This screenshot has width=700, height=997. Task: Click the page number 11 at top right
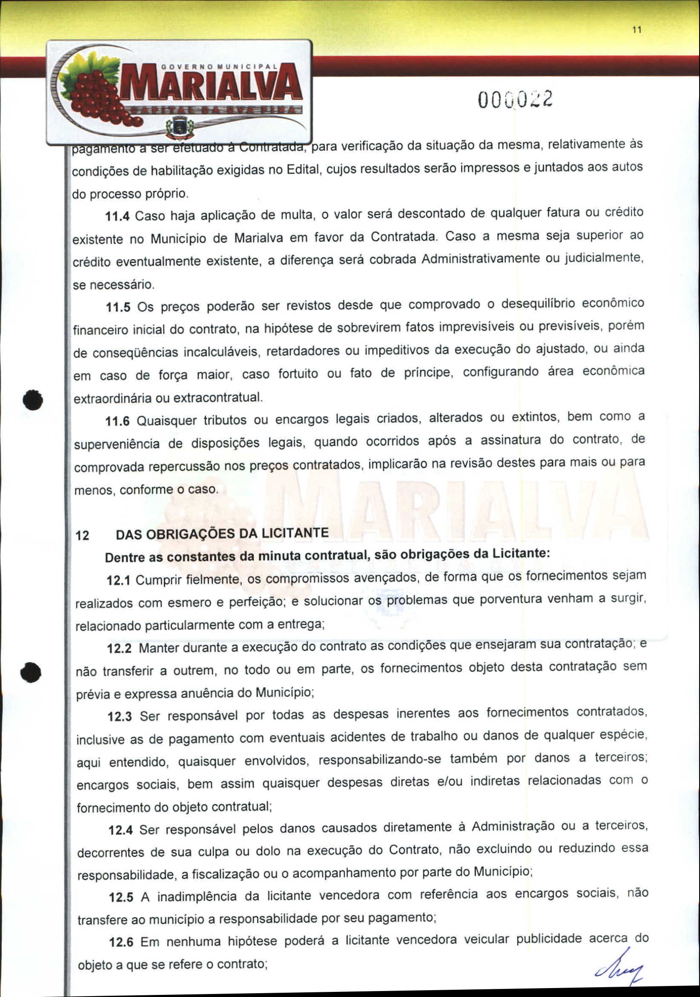637,30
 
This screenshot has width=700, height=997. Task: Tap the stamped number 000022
516,100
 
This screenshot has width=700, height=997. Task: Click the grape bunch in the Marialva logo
98,98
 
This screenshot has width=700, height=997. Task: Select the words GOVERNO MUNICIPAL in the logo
220,67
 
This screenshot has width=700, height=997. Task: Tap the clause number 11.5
118,308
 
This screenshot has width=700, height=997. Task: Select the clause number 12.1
118,581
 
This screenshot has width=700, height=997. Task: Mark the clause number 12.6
121,943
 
